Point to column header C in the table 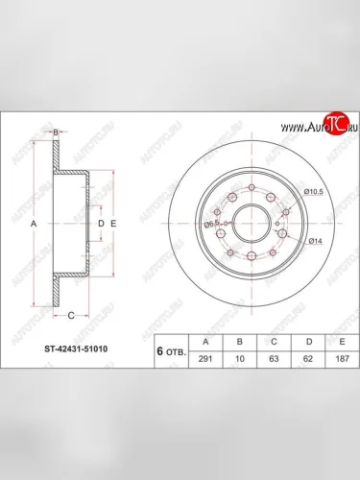click(x=276, y=339)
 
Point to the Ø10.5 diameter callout click(x=312, y=193)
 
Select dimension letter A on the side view click(x=35, y=223)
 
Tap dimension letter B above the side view click(x=57, y=132)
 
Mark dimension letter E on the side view click(x=113, y=223)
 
